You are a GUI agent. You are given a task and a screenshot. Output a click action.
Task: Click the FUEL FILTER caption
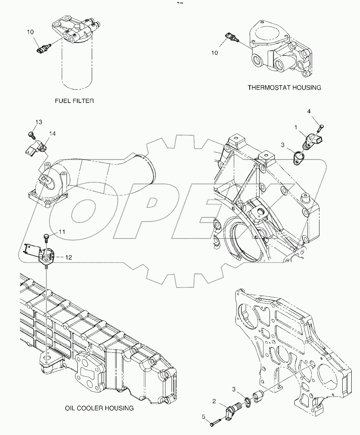click(x=74, y=100)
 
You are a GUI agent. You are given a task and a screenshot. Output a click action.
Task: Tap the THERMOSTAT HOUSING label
click(x=284, y=87)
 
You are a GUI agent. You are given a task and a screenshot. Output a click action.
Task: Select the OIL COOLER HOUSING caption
click(x=99, y=408)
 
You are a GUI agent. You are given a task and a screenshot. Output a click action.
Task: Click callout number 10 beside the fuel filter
click(x=30, y=31)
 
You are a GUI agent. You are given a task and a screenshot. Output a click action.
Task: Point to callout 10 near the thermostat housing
click(x=215, y=53)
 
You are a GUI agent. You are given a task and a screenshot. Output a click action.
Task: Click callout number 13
click(x=38, y=122)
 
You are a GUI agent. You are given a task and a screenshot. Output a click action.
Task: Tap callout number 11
click(x=62, y=232)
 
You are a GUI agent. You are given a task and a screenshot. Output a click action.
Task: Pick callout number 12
click(x=69, y=257)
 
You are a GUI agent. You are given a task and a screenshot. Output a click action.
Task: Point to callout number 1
click(x=296, y=129)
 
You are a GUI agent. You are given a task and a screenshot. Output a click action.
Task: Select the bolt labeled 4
click(x=321, y=127)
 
